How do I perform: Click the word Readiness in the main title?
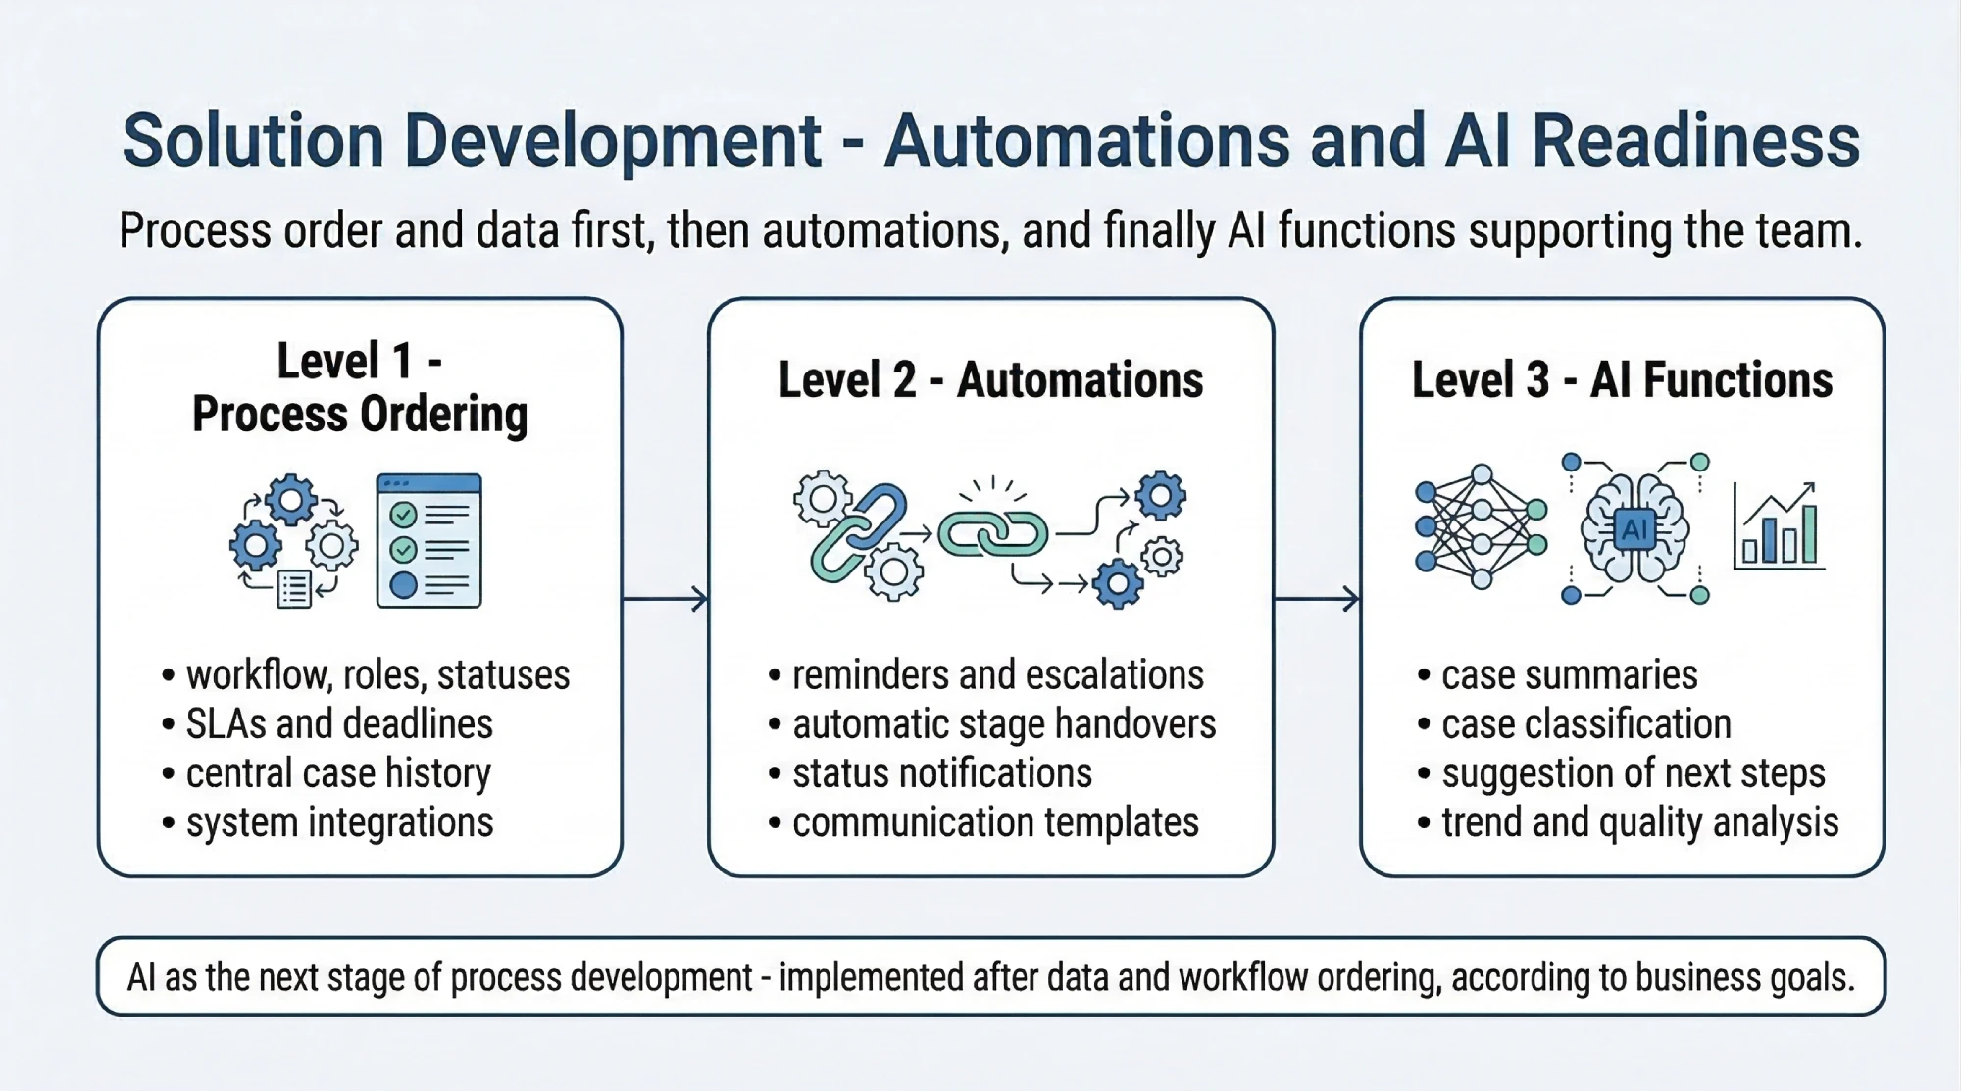coord(1695,141)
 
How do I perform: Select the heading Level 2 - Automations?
coord(990,380)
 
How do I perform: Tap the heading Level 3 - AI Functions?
coord(1622,380)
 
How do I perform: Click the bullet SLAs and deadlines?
coord(338,724)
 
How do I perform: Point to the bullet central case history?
coord(337,773)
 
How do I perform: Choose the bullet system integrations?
coord(339,822)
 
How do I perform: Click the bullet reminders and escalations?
coord(996,675)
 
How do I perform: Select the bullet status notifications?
coord(941,773)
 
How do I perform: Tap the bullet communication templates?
coord(994,822)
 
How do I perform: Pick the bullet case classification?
coord(1585,724)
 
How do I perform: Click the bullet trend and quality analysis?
coord(1639,822)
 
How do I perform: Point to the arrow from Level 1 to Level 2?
coord(665,598)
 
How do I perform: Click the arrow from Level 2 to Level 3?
coord(1316,598)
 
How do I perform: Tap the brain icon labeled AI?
coord(1634,529)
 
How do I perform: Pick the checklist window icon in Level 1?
coord(428,540)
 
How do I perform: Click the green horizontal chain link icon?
coord(992,534)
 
